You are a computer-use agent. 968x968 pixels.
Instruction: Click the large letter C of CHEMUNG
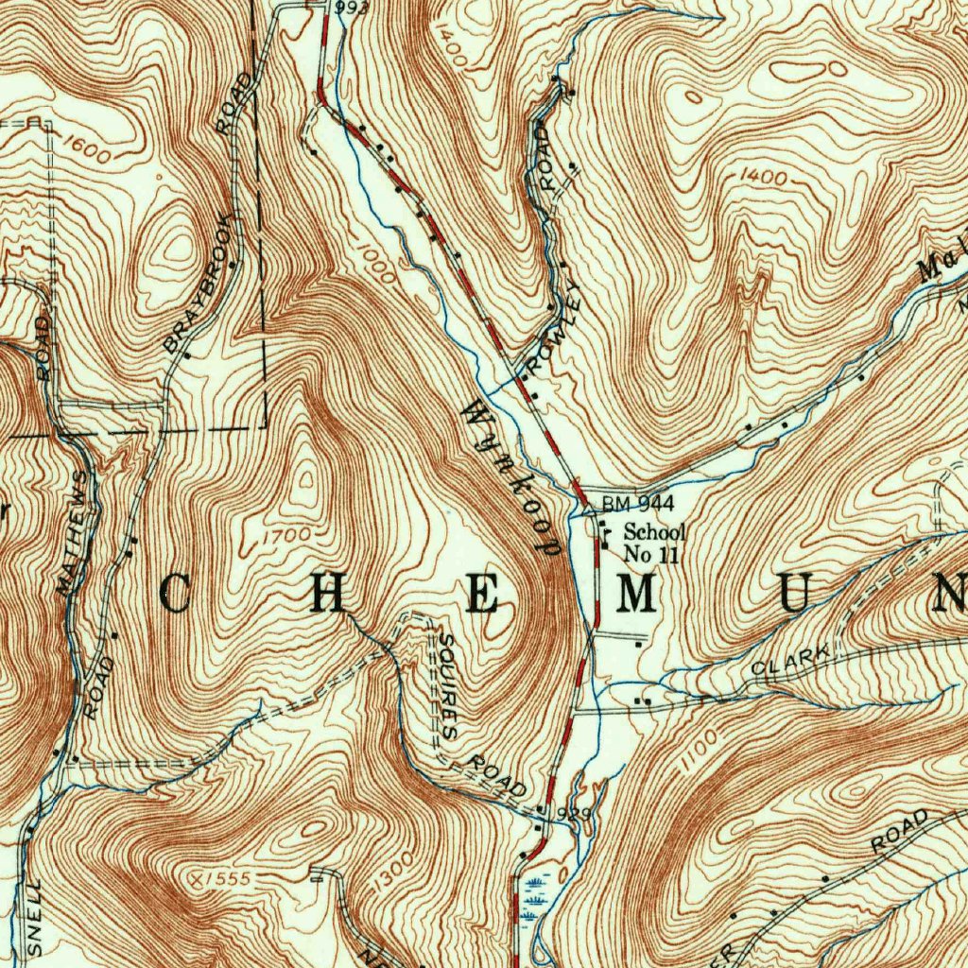pos(175,595)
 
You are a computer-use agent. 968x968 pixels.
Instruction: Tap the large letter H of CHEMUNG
pos(327,595)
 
